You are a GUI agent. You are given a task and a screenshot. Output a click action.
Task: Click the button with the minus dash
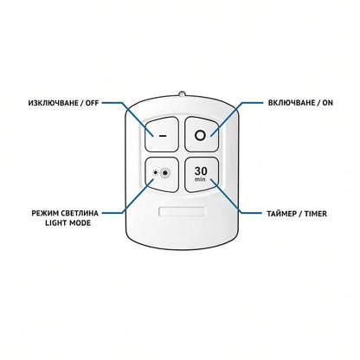(162, 134)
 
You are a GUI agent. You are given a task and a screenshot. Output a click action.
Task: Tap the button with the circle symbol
(202, 134)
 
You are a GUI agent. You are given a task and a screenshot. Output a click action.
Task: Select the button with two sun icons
(162, 175)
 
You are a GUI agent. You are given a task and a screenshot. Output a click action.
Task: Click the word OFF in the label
(92, 103)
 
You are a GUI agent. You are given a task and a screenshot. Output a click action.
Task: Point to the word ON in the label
(327, 103)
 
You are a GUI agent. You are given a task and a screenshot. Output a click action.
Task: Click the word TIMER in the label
(316, 214)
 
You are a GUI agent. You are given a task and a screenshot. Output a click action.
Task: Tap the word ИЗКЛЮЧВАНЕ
(54, 103)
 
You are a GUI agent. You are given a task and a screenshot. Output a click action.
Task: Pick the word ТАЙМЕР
(281, 214)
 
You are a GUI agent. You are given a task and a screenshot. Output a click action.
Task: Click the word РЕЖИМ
(45, 214)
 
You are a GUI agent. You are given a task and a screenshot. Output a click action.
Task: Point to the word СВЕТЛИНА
(80, 214)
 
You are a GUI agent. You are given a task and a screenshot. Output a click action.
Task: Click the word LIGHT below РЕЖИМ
(56, 223)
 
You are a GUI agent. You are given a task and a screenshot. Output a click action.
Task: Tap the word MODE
(80, 223)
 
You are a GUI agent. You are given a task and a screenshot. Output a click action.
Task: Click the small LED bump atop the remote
(182, 93)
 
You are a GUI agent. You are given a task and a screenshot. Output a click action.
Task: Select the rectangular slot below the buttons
(182, 211)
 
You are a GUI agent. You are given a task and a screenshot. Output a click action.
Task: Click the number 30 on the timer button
(201, 171)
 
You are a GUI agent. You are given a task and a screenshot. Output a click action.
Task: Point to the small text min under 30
(200, 179)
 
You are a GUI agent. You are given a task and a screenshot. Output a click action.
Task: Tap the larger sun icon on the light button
(165, 173)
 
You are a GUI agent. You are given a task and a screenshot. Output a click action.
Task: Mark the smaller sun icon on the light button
(156, 173)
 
